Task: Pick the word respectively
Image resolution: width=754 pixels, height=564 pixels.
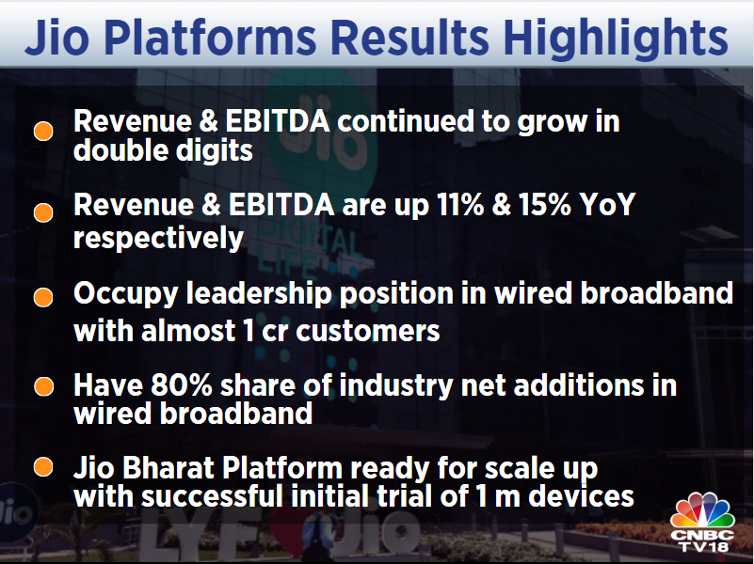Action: point(158,238)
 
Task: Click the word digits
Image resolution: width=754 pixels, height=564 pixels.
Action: point(207,150)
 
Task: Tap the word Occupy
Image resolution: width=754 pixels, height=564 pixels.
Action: point(123,293)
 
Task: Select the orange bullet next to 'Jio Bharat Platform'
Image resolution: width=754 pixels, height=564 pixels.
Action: point(42,467)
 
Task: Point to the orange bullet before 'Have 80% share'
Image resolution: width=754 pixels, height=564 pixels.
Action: point(42,386)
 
